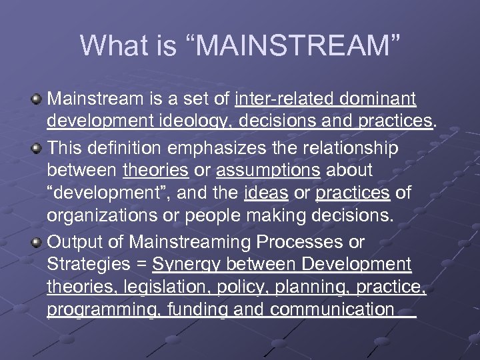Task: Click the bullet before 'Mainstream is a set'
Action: (37, 100)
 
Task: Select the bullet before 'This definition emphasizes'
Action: (37, 147)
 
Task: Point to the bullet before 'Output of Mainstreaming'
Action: (37, 241)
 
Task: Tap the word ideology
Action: (201, 123)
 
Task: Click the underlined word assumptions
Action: (268, 170)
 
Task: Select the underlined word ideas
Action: (266, 193)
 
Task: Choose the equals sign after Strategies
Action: (140, 265)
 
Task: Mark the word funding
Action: (197, 311)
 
